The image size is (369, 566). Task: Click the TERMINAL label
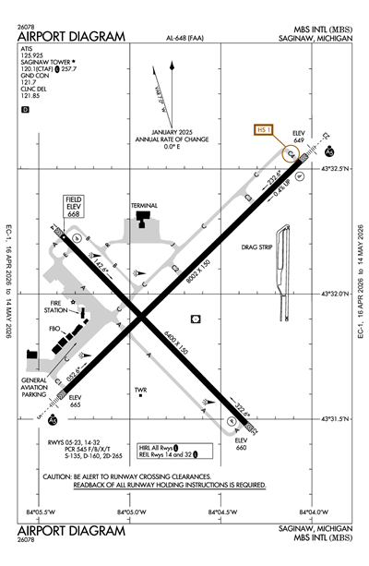pos(144,204)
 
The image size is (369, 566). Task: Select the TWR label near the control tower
pos(141,390)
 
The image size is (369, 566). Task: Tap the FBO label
pos(54,328)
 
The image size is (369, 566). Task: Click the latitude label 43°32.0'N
pos(334,294)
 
